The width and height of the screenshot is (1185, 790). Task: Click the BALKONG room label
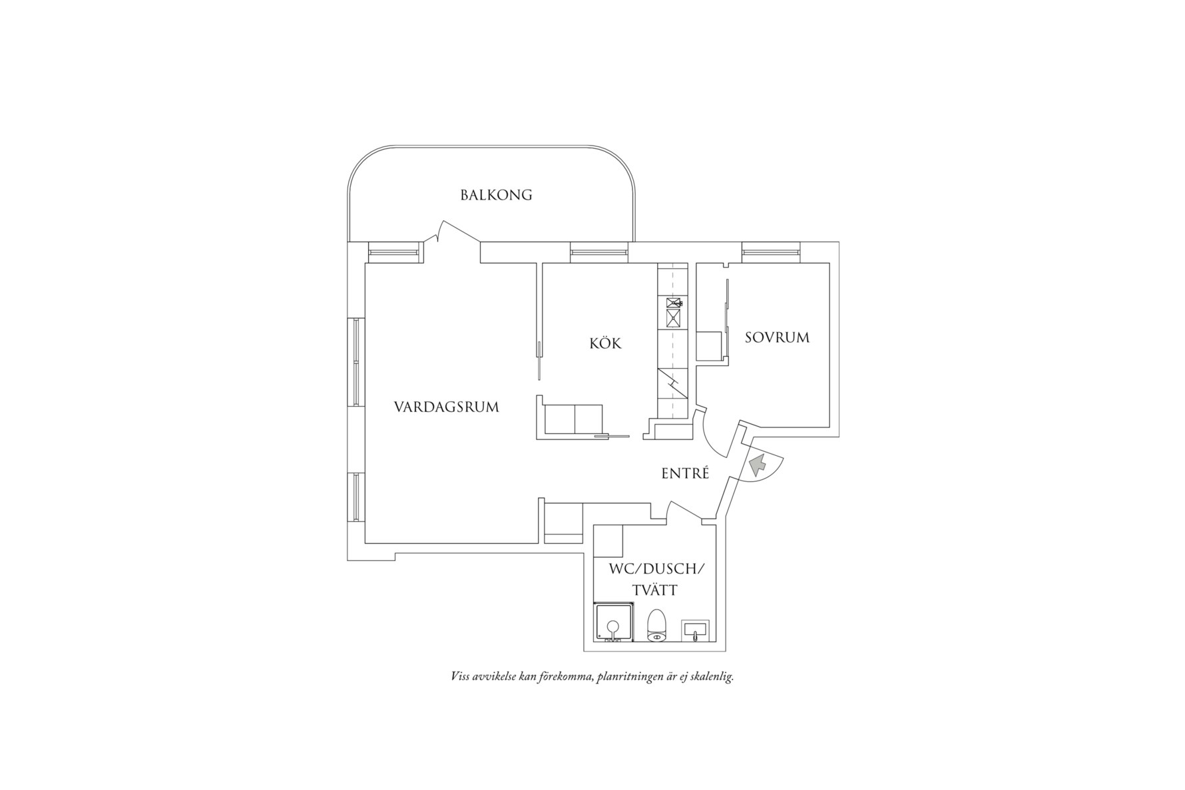coord(496,195)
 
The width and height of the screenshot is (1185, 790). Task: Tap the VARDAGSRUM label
coord(446,407)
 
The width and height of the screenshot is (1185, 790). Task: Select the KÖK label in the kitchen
coord(605,343)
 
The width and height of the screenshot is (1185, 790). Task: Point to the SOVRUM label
coord(777,337)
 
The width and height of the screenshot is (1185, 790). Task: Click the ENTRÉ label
coord(685,473)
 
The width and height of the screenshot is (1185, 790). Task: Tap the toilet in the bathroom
coord(657,625)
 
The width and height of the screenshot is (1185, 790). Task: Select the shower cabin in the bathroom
coord(614,623)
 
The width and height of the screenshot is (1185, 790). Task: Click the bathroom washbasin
coord(695,630)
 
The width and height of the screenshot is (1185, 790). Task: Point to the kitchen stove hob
coord(674,313)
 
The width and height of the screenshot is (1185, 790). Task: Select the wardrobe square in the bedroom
coord(710,346)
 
